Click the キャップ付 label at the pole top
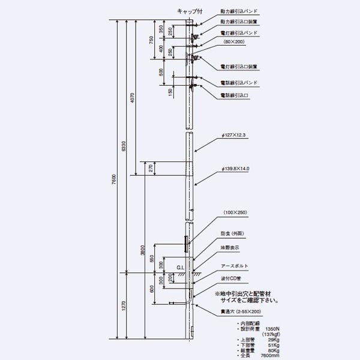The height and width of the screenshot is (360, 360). (x=189, y=11)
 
